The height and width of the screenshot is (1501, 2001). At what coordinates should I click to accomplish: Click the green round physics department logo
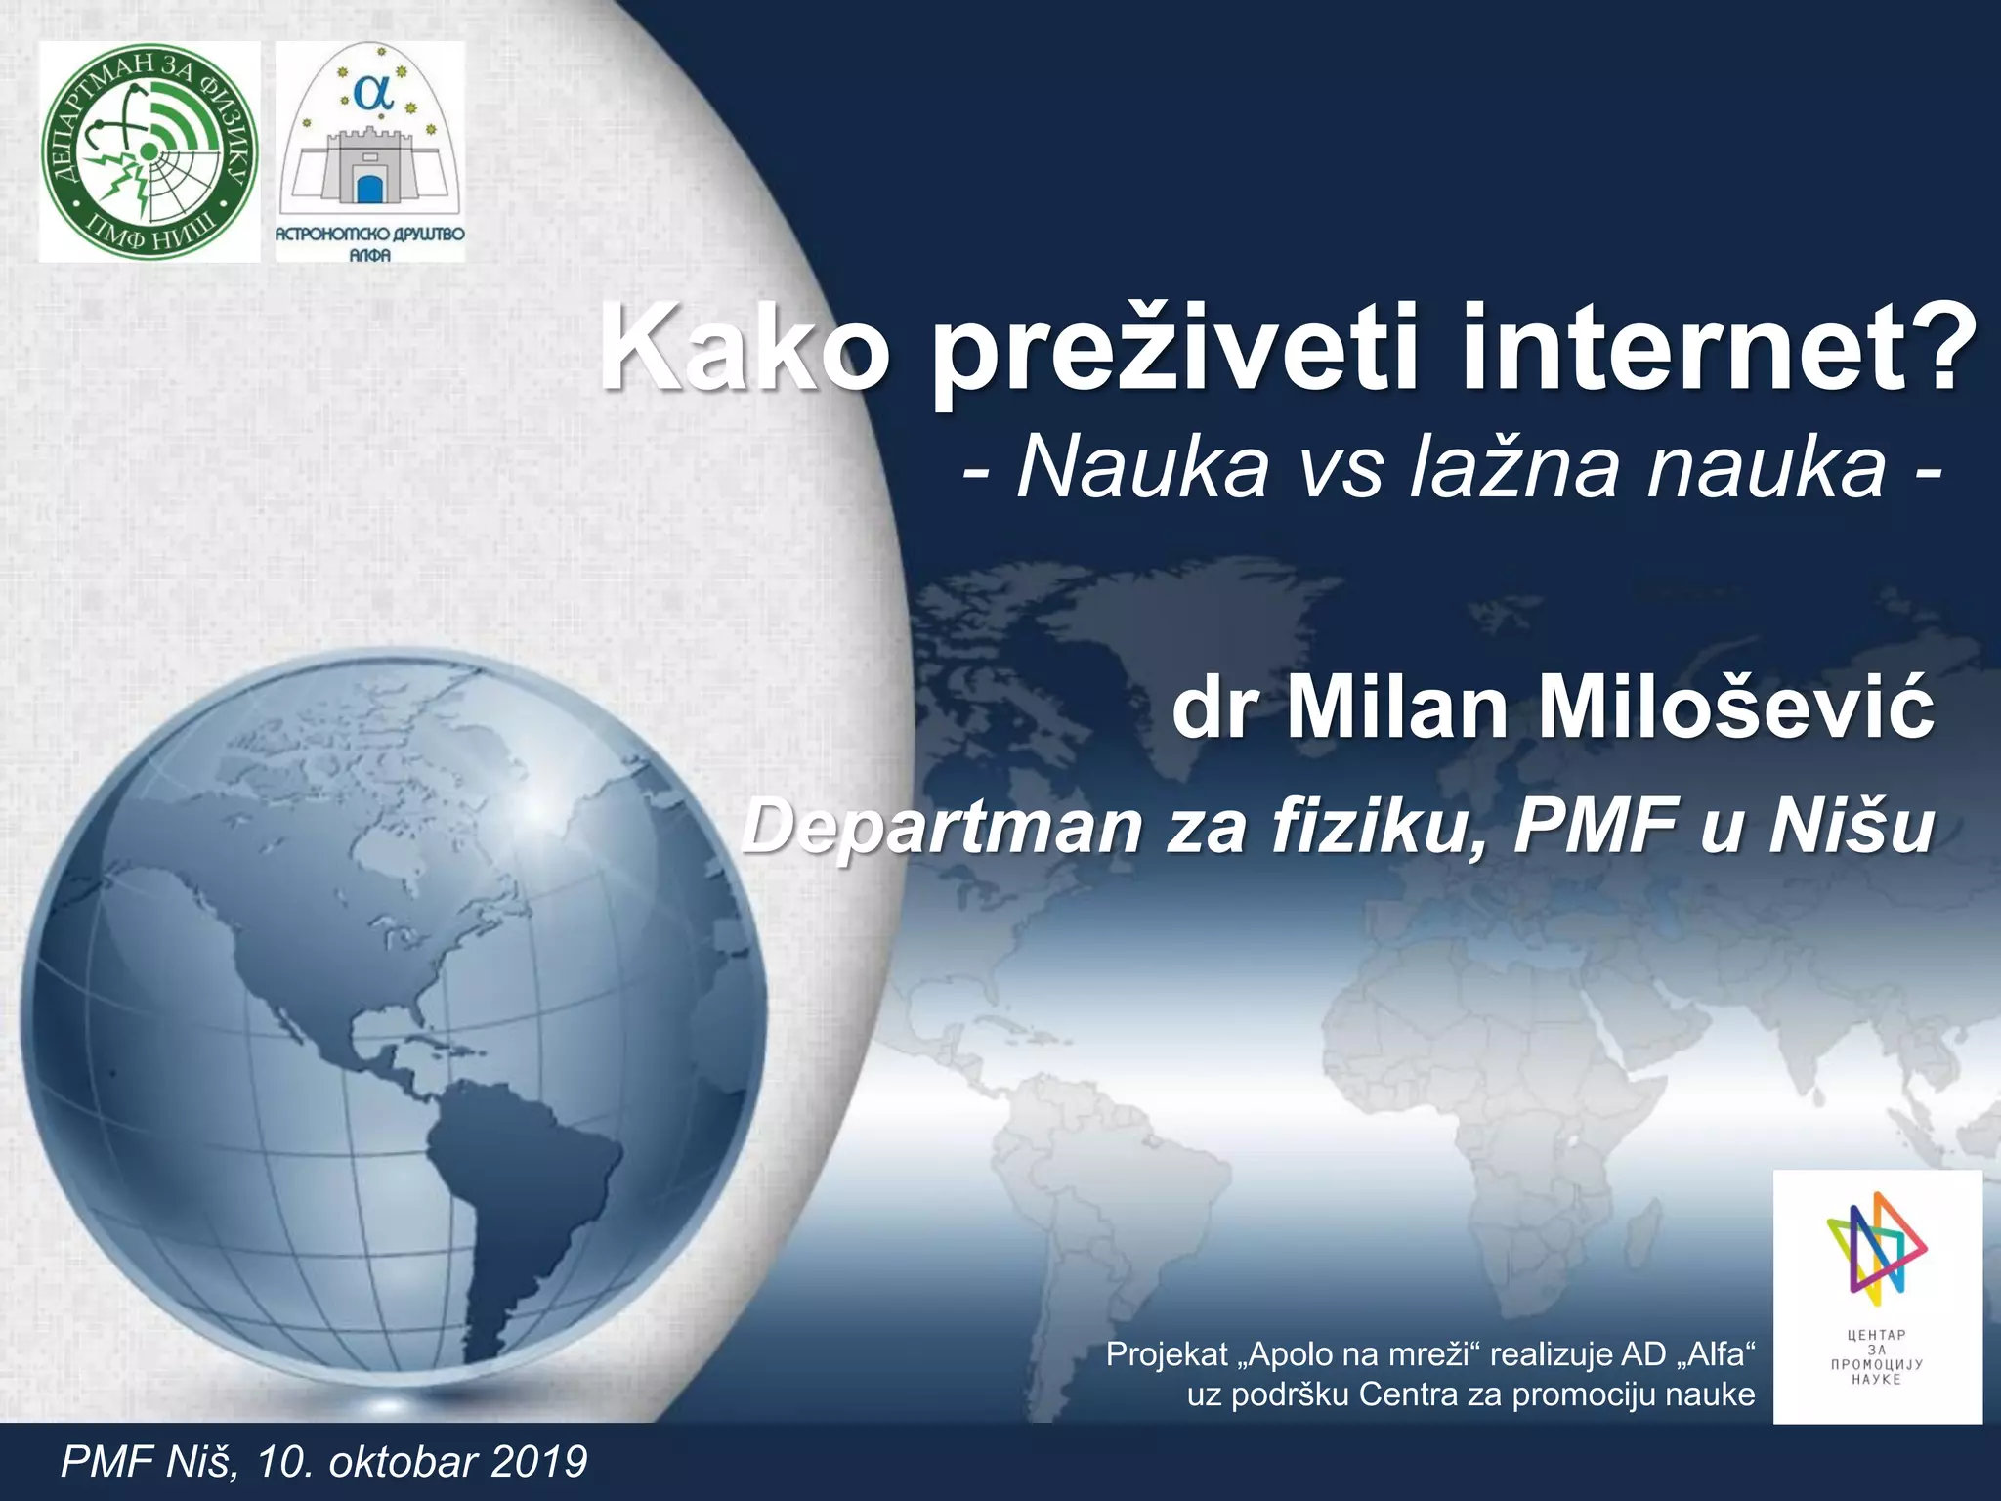click(149, 152)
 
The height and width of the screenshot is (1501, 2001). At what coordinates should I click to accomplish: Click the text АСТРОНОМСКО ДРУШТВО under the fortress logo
click(370, 236)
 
